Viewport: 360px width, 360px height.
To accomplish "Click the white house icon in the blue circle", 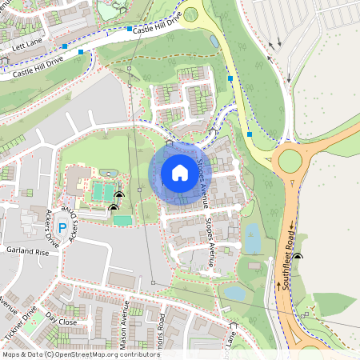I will (180, 173).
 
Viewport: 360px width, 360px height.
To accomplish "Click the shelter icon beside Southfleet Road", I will (298, 257).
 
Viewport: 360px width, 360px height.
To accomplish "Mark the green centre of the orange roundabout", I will (290, 160).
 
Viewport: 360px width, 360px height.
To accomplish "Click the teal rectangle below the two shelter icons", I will (122, 220).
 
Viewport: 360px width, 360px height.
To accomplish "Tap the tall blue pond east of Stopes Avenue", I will (252, 238).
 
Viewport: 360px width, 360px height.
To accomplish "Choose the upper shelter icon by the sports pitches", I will (119, 194).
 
